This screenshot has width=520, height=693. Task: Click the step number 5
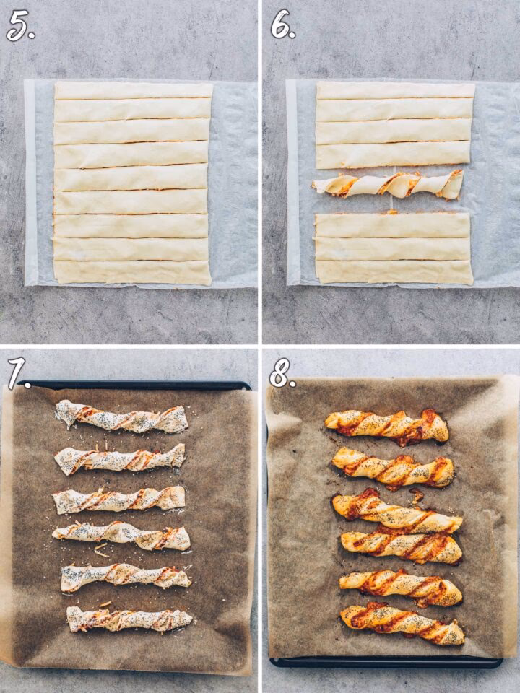pyautogui.click(x=20, y=26)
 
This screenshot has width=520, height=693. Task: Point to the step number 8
pyautogui.click(x=282, y=372)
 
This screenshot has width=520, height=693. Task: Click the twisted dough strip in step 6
pyautogui.click(x=387, y=184)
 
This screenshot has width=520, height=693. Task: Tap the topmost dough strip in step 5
pyautogui.click(x=134, y=90)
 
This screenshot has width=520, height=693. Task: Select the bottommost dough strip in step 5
pyautogui.click(x=133, y=273)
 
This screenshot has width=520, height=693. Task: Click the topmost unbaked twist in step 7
pyautogui.click(x=121, y=417)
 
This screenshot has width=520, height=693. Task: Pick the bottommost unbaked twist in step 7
pyautogui.click(x=129, y=619)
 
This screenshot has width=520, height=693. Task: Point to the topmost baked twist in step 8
pyautogui.click(x=387, y=426)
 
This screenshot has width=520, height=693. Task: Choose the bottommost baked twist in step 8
pyautogui.click(x=402, y=623)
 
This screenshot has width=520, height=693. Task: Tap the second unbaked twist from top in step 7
pyautogui.click(x=119, y=460)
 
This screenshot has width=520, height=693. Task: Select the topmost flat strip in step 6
pyautogui.click(x=395, y=90)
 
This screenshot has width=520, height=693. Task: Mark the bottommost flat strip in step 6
pyautogui.click(x=394, y=272)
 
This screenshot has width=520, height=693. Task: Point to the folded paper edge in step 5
pyautogui.click(x=31, y=182)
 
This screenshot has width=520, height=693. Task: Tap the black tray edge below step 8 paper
pyautogui.click(x=386, y=663)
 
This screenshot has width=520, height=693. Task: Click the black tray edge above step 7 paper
pyautogui.click(x=136, y=385)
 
